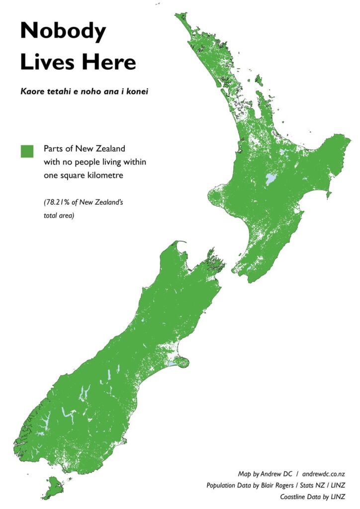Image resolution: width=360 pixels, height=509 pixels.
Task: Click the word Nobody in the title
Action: point(63,32)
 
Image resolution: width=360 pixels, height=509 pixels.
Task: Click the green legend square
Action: point(27,151)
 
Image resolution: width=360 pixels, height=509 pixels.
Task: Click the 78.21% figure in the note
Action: point(58,203)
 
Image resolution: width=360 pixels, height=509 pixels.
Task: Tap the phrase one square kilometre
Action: point(82,174)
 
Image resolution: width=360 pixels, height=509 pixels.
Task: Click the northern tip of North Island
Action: point(177,14)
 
